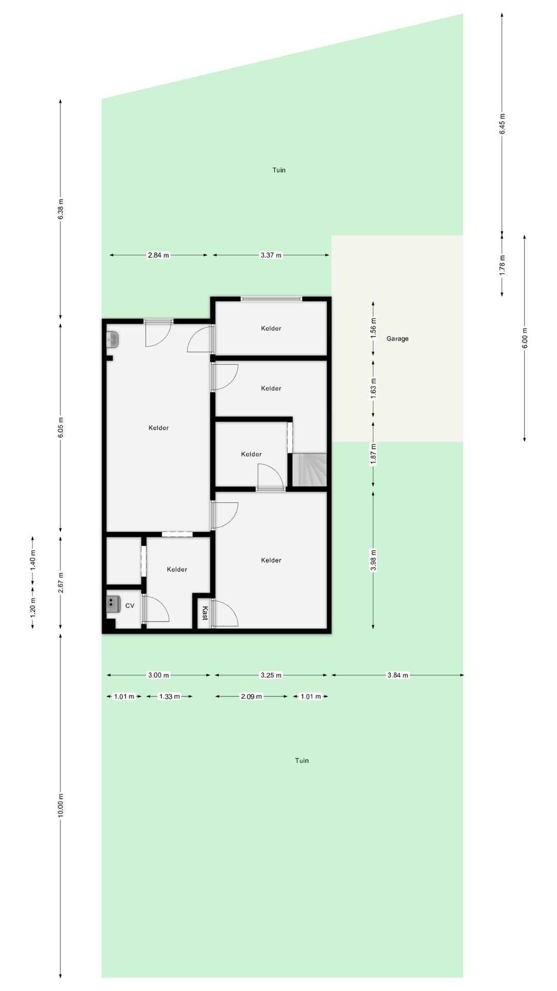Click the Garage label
pyautogui.click(x=397, y=339)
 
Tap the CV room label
pyautogui.click(x=129, y=605)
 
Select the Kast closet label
pyautogui.click(x=205, y=613)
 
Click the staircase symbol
pyautogui.click(x=310, y=470)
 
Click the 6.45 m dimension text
pyautogui.click(x=502, y=124)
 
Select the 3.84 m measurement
pyautogui.click(x=398, y=675)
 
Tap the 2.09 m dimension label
pyautogui.click(x=252, y=696)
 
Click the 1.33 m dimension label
pyautogui.click(x=170, y=696)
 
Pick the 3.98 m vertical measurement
pyautogui.click(x=373, y=560)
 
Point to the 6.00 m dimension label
pyautogui.click(x=525, y=338)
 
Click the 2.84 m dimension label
pyautogui.click(x=158, y=255)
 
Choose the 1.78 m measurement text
pyautogui.click(x=502, y=265)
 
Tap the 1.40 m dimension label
pyautogui.click(x=33, y=561)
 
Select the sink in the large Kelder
pyautogui.click(x=112, y=340)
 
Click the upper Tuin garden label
pyautogui.click(x=279, y=170)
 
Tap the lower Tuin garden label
pyautogui.click(x=302, y=760)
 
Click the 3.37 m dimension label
pyautogui.click(x=271, y=255)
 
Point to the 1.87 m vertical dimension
pyautogui.click(x=373, y=454)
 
